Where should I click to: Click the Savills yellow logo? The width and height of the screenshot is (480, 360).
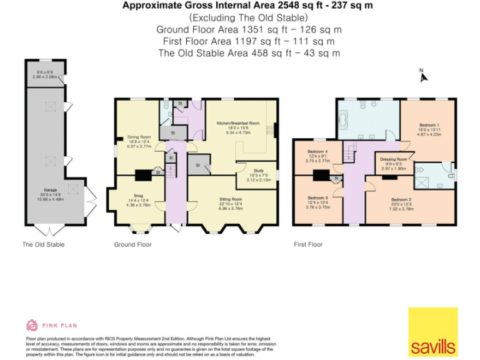coord(432,331)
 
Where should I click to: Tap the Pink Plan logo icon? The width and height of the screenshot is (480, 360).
coord(32,324)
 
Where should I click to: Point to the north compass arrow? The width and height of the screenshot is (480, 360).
coord(423,76)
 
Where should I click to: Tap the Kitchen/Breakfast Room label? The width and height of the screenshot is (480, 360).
coord(237,124)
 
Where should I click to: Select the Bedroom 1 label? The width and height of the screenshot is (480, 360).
coord(429,125)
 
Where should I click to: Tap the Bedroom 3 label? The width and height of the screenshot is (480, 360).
coord(317,199)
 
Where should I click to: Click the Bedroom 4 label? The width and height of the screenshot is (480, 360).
coord(317,152)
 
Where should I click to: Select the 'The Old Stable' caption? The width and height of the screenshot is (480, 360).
coord(43,244)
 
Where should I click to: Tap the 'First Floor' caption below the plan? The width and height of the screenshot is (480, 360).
coord(308,244)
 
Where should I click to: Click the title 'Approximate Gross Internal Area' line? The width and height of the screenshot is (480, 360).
coord(246,6)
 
